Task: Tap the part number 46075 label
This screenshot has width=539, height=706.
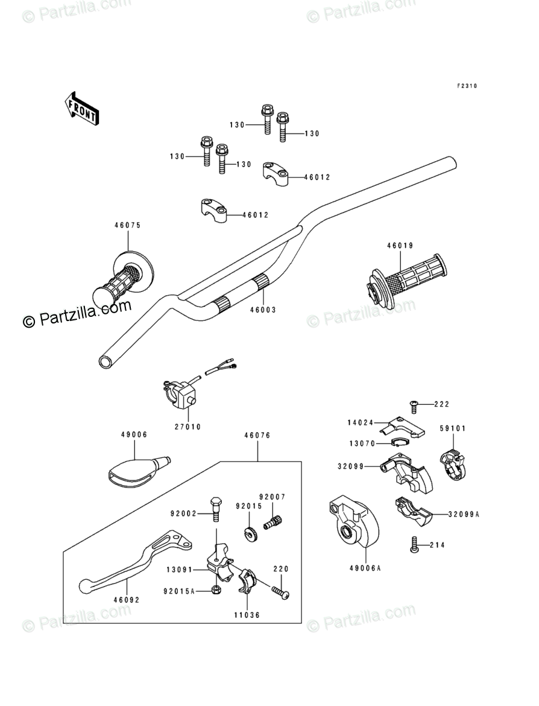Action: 127,226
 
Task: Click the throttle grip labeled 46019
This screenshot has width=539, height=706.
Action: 407,278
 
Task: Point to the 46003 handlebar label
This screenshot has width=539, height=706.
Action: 263,310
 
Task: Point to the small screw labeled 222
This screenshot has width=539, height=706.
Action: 414,405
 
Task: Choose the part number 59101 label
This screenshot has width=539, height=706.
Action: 452,428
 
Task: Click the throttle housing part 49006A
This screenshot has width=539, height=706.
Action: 351,520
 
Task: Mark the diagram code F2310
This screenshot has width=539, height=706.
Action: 466,86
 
